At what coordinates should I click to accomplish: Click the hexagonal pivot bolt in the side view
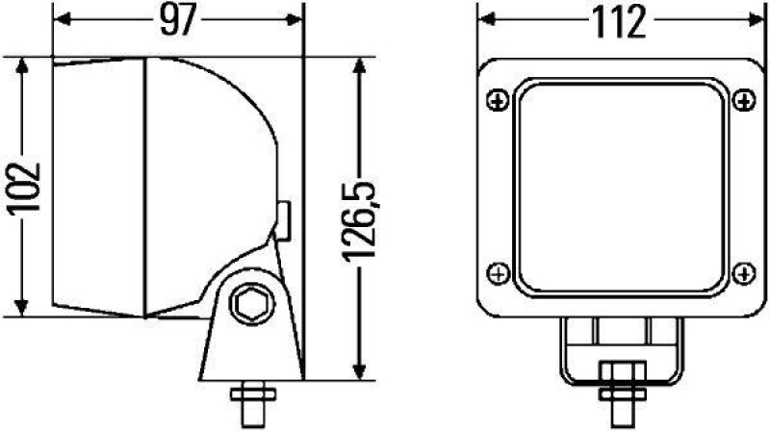250,304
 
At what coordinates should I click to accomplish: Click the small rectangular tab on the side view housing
285,219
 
